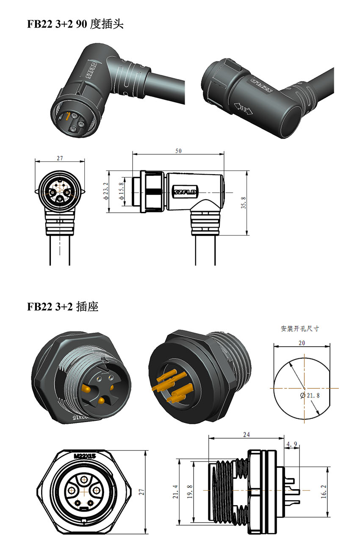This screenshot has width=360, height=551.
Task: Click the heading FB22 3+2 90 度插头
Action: (75, 24)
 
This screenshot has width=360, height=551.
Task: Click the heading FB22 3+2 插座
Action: (63, 306)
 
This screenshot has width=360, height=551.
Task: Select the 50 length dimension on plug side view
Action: (179, 151)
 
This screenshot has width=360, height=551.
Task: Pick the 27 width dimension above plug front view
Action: (60, 158)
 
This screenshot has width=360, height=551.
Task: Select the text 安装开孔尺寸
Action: (300, 328)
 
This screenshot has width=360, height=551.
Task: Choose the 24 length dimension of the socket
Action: (246, 434)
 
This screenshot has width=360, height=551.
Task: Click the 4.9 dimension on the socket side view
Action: (291, 444)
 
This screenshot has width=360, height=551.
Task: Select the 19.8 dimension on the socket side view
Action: (189, 492)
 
